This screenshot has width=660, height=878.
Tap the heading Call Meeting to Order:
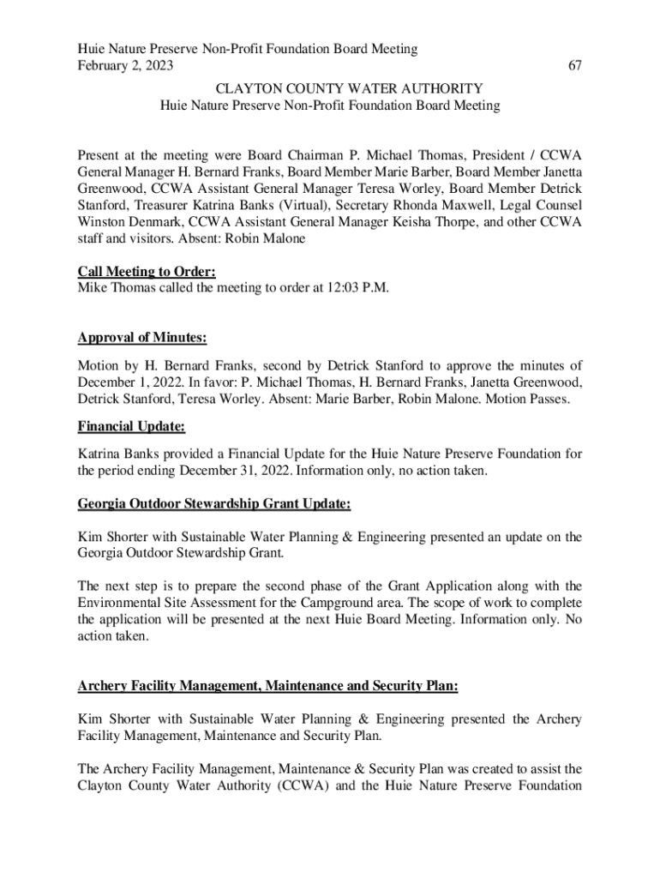pos(147,272)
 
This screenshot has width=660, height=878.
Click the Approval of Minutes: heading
pos(142,337)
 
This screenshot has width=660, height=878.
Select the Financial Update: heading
pos(131,425)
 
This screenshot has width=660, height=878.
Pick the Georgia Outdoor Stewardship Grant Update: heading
pos(213,505)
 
